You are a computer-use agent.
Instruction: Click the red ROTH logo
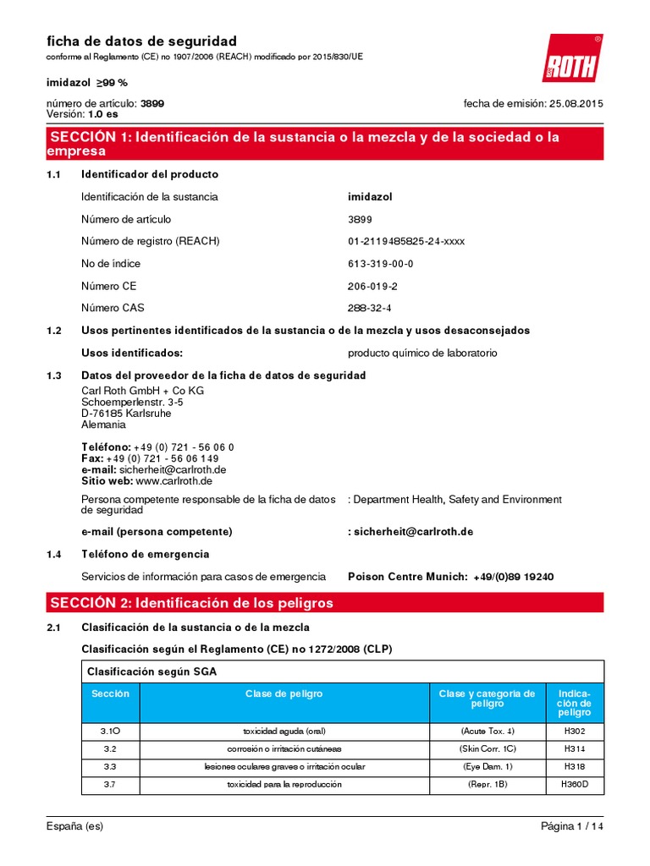[571, 58]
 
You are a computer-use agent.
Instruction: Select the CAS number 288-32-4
[370, 308]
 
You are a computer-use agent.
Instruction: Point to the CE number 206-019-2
[372, 286]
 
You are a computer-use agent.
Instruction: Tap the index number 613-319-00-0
[381, 264]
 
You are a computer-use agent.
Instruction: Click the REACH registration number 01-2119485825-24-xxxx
[406, 241]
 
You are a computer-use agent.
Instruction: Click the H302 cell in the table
[574, 731]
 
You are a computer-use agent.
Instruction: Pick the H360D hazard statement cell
[574, 784]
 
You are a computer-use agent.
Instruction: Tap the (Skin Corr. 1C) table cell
[487, 749]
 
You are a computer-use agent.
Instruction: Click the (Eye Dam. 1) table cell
[487, 766]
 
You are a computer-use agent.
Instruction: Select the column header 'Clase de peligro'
[284, 693]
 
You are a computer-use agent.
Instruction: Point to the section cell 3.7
[110, 784]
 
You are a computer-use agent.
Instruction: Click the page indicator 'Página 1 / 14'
[572, 826]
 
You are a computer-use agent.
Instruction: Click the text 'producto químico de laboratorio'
[422, 353]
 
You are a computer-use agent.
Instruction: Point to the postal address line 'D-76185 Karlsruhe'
[126, 414]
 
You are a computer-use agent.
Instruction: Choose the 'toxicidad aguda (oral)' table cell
[284, 731]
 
